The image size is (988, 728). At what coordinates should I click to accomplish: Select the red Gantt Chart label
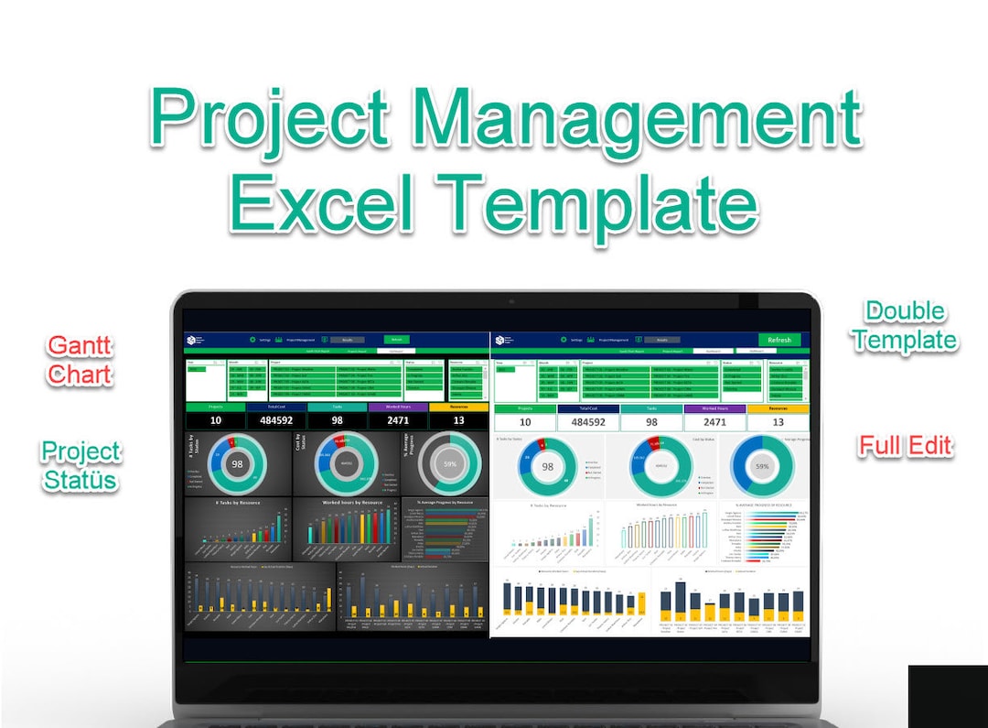click(80, 360)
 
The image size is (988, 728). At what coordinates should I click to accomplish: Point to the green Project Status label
click(81, 465)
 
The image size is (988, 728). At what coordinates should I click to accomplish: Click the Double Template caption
click(905, 326)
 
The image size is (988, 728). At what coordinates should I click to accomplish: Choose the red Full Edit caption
click(906, 446)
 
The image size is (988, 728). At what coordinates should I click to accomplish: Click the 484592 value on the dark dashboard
click(276, 420)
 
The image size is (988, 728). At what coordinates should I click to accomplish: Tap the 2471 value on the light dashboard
click(714, 422)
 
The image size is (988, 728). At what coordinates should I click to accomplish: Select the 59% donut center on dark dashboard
click(450, 464)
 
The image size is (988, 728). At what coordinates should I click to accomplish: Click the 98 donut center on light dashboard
click(547, 466)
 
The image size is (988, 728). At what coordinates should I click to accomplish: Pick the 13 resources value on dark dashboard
click(458, 420)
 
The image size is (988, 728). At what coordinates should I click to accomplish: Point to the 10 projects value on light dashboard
click(525, 422)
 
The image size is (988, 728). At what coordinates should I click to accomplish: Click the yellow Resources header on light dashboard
click(778, 409)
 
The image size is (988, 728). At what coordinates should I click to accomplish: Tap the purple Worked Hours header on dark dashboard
click(398, 407)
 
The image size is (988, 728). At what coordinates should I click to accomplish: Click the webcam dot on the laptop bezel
click(511, 301)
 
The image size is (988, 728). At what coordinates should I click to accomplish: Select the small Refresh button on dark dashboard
click(396, 339)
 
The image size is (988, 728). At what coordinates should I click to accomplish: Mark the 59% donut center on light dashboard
click(762, 466)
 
